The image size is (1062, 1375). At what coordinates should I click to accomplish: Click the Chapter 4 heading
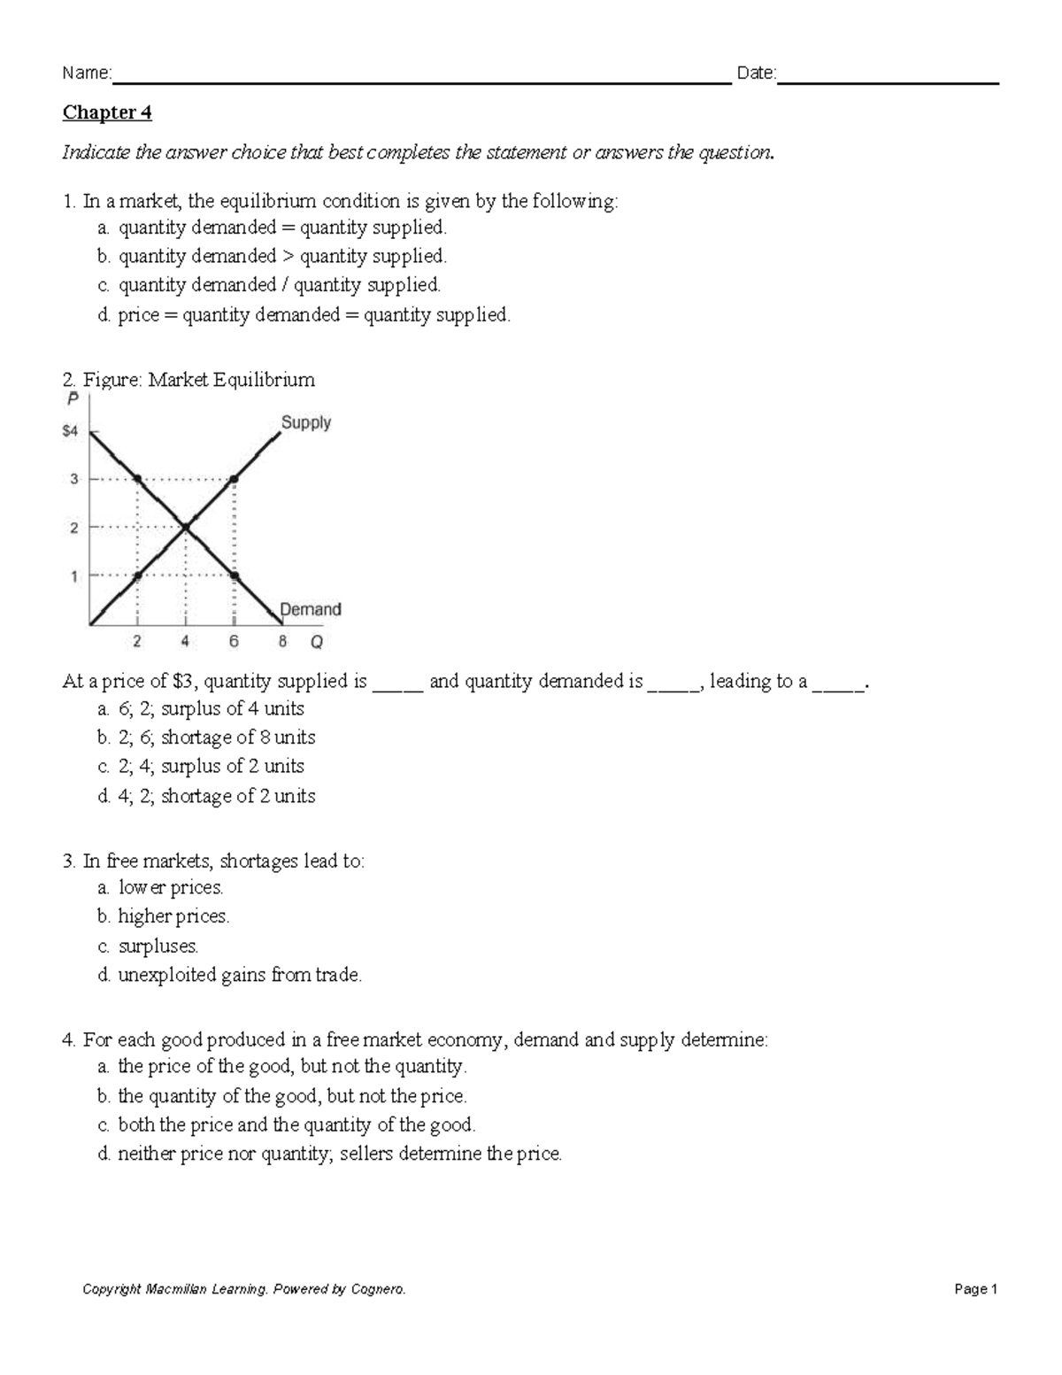point(107,113)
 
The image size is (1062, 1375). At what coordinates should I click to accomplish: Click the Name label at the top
point(86,73)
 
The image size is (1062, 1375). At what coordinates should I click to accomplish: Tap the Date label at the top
point(756,73)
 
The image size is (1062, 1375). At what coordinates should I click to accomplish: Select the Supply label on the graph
point(305,422)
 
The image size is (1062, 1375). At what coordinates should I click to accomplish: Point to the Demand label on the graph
point(310,609)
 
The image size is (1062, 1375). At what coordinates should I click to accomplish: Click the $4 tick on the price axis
point(70,431)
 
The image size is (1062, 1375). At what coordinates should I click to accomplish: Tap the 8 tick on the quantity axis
point(282,643)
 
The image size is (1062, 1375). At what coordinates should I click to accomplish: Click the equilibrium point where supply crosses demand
point(185,529)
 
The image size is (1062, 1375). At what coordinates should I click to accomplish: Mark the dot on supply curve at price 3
point(234,479)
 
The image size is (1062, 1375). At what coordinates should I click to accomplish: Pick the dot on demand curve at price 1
point(234,576)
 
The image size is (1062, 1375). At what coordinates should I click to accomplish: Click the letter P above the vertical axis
point(73,399)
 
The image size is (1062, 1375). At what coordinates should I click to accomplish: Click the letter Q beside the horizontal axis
point(316,643)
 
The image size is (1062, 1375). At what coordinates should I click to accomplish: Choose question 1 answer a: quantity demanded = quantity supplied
point(281,228)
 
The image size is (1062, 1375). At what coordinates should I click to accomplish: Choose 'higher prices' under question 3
point(173,916)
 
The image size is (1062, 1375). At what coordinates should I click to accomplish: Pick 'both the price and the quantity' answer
point(296,1125)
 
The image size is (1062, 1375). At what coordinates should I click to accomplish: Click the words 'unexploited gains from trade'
point(240,975)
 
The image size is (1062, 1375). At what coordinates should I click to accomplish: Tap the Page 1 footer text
point(976,1289)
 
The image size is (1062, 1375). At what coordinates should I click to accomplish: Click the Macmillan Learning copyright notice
point(244,1289)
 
